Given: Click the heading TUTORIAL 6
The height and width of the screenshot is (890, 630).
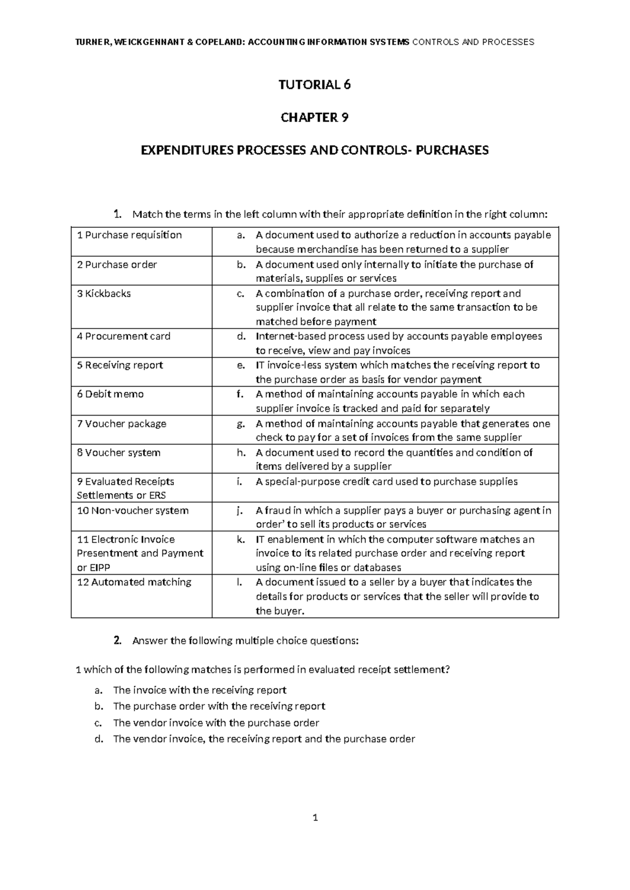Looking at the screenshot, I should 314,84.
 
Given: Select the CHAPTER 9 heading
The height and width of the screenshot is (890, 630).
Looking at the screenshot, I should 314,118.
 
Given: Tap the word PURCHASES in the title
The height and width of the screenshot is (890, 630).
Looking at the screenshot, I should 455,151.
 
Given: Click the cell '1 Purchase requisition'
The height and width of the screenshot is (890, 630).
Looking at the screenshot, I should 129,235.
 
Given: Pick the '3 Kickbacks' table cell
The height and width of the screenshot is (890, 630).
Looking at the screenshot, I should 104,293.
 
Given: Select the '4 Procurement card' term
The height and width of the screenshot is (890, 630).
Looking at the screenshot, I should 123,336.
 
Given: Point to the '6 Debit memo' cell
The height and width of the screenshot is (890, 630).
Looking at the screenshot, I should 110,394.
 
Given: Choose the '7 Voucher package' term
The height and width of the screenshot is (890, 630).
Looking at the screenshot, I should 121,423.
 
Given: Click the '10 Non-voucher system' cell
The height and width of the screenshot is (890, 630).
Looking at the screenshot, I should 132,511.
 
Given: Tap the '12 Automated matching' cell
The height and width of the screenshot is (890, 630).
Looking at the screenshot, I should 134,582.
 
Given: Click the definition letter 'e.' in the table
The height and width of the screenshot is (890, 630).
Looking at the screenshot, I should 241,365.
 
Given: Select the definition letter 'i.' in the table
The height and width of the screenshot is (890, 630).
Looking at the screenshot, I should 240,482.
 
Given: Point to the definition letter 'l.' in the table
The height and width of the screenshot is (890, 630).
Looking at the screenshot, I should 240,582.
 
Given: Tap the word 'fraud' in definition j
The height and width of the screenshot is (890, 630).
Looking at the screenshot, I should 276,511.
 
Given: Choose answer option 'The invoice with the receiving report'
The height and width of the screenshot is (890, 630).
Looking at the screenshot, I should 199,690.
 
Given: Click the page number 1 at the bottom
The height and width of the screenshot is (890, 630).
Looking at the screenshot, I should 315,832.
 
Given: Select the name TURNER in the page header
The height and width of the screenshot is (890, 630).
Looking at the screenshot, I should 93,42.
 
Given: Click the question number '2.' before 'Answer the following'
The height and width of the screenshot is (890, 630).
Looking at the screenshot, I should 118,640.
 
